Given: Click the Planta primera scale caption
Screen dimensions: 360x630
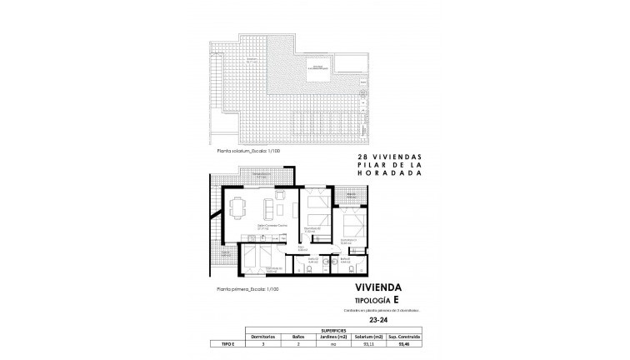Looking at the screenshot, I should pos(246,290).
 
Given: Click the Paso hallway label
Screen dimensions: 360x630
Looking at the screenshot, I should pos(303,247).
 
